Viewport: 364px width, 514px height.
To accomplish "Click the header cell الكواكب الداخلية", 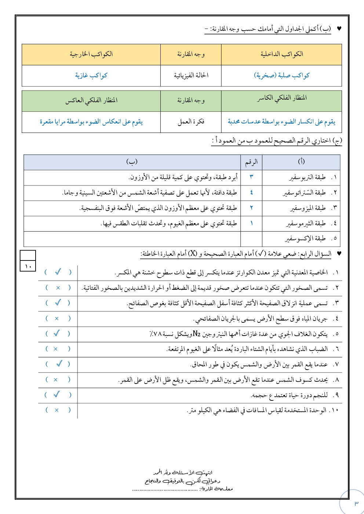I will (282, 54).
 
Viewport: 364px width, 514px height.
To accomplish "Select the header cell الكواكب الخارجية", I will (91, 54).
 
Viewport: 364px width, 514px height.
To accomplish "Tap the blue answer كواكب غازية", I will (91, 75).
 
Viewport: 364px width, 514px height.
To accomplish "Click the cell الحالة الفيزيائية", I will (191, 75).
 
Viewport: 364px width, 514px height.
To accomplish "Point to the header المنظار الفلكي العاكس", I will (91, 100).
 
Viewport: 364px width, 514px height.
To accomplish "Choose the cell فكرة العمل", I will (191, 122).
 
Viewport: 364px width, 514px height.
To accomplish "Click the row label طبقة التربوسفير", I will (307, 177).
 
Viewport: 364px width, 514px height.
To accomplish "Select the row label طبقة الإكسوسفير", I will (305, 238).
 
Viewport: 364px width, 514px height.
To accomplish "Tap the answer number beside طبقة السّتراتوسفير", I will (251, 192).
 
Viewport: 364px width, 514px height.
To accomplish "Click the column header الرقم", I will (251, 162).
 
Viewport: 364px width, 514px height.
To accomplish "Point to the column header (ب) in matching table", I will (132, 162).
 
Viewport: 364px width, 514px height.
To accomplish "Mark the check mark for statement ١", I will (58, 272).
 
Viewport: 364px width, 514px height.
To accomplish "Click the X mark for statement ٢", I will (58, 288).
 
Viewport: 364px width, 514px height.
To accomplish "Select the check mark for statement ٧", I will (59, 364).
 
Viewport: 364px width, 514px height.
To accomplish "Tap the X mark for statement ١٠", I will (57, 410).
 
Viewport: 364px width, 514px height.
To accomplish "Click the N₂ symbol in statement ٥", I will (197, 334).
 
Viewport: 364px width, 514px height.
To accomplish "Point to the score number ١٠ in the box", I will (28, 266).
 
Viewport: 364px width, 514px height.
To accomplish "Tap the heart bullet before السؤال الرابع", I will (339, 254).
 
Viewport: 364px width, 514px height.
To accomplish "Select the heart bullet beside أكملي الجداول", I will (339, 29).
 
